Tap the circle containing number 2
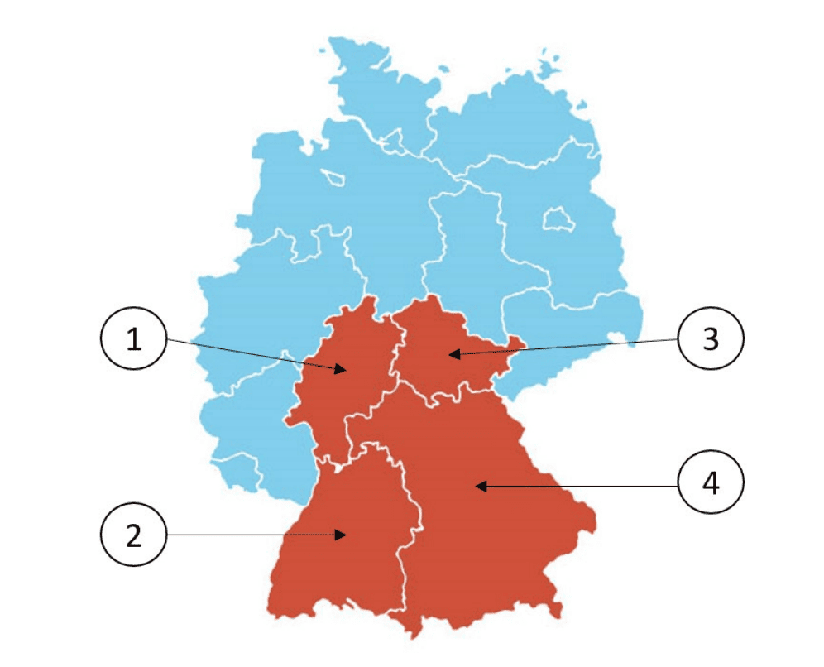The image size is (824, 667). tap(133, 535)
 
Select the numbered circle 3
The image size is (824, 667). tap(710, 338)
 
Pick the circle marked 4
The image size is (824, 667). tap(710, 485)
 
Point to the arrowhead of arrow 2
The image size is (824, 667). tap(343, 535)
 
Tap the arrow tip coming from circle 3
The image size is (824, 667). tap(450, 355)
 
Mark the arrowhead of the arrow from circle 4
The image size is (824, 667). tap(478, 486)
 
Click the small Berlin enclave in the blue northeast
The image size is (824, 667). tap(557, 219)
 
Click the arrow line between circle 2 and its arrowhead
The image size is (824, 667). tap(248, 535)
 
